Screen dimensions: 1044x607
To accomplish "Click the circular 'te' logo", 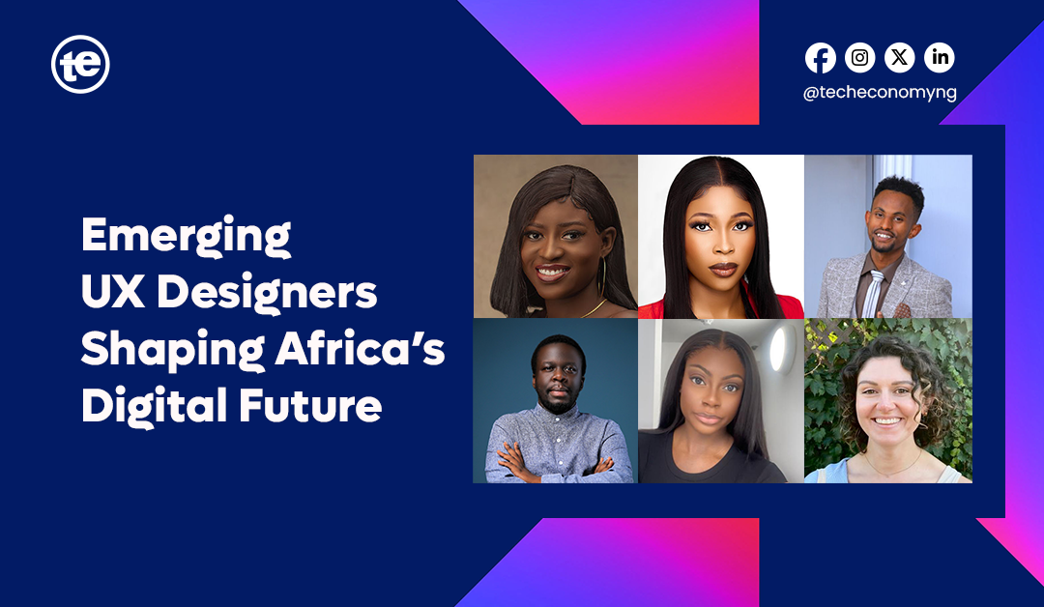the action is click(80, 64).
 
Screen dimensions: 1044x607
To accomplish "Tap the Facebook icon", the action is click(821, 58).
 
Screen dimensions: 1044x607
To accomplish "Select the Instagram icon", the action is click(859, 58).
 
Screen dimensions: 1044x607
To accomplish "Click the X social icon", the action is click(900, 58).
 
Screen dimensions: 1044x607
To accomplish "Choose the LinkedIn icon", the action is click(940, 58).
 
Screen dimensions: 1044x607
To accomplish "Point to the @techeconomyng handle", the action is click(880, 93).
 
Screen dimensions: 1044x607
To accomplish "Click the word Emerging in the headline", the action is click(186, 236).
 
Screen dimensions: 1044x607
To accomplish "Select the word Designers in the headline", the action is click(267, 294).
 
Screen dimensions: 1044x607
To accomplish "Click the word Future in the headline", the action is click(310, 405).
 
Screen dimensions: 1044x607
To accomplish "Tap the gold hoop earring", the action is click(601, 276).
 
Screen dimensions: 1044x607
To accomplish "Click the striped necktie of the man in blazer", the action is click(873, 294).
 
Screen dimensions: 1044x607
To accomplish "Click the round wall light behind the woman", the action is click(777, 349).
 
